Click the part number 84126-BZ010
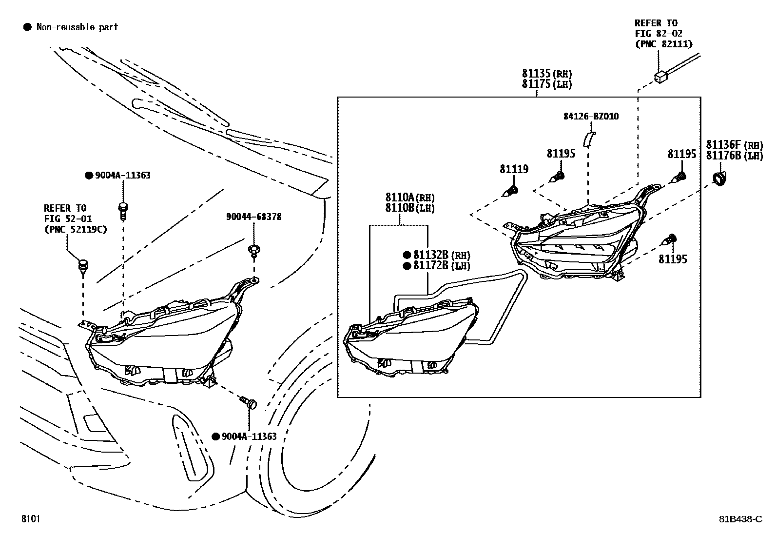click(591, 116)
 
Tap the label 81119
click(514, 169)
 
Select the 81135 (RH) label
click(547, 74)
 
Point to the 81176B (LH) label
click(735, 156)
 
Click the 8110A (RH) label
click(410, 197)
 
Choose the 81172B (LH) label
click(437, 266)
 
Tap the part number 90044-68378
click(254, 217)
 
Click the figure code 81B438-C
click(741, 519)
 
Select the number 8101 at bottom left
click(31, 518)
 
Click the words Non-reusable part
click(77, 27)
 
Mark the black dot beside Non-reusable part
click(27, 27)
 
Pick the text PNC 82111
click(664, 44)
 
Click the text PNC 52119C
click(76, 229)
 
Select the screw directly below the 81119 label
click(510, 191)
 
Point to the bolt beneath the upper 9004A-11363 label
click(123, 211)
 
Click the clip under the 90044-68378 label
click(254, 251)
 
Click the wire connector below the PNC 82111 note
click(661, 78)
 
